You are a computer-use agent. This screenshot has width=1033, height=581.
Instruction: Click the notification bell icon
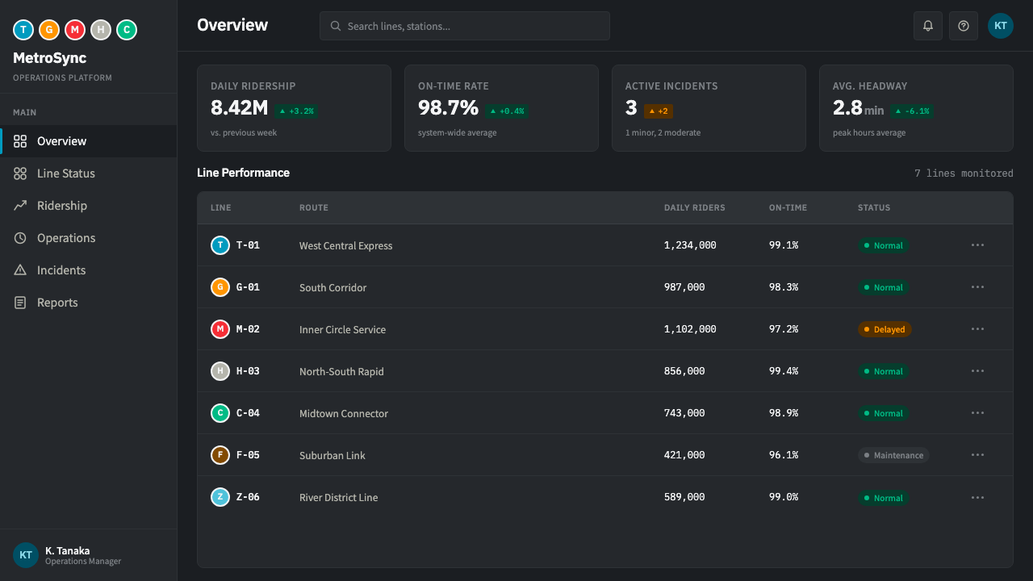pos(928,26)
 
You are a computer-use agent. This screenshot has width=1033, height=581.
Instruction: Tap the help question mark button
pos(964,26)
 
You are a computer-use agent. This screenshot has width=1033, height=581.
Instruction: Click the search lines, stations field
pos(464,26)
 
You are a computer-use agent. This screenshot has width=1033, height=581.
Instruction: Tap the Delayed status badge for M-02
pos(884,329)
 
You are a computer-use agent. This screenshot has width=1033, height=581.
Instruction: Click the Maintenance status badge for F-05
pos(893,455)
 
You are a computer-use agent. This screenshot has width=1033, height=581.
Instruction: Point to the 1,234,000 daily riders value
pos(690,245)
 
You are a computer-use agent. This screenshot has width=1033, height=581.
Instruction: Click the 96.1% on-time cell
pos(783,455)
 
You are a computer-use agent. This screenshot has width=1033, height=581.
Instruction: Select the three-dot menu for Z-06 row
pos(977,498)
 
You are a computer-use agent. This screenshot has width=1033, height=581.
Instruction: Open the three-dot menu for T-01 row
pos(977,245)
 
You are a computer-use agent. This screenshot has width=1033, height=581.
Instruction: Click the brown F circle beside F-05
pos(220,455)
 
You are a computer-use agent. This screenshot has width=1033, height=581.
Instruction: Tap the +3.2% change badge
pos(296,111)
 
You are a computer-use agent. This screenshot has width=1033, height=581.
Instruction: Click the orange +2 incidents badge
pos(658,111)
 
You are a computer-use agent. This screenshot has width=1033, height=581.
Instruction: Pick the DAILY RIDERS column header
pos(694,208)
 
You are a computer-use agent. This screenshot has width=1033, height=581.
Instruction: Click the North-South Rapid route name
pos(341,372)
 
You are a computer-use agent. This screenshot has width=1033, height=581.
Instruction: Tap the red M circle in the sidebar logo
pos(75,30)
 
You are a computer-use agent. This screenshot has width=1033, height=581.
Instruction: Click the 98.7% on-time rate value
pos(448,108)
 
